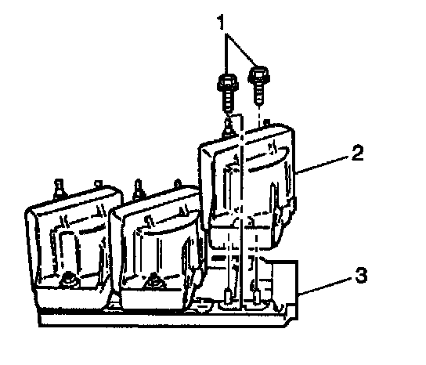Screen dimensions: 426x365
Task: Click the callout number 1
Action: click(x=222, y=22)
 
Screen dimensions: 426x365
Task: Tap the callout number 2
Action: click(x=357, y=153)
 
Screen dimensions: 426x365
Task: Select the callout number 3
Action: click(x=361, y=275)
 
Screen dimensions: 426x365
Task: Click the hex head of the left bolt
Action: click(x=228, y=82)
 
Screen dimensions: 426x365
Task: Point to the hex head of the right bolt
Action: click(x=258, y=74)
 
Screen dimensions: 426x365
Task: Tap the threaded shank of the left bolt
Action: click(x=228, y=101)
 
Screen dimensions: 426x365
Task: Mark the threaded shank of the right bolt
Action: click(x=259, y=93)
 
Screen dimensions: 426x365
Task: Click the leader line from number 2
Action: click(x=322, y=164)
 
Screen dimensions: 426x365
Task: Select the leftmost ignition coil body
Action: click(x=69, y=244)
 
